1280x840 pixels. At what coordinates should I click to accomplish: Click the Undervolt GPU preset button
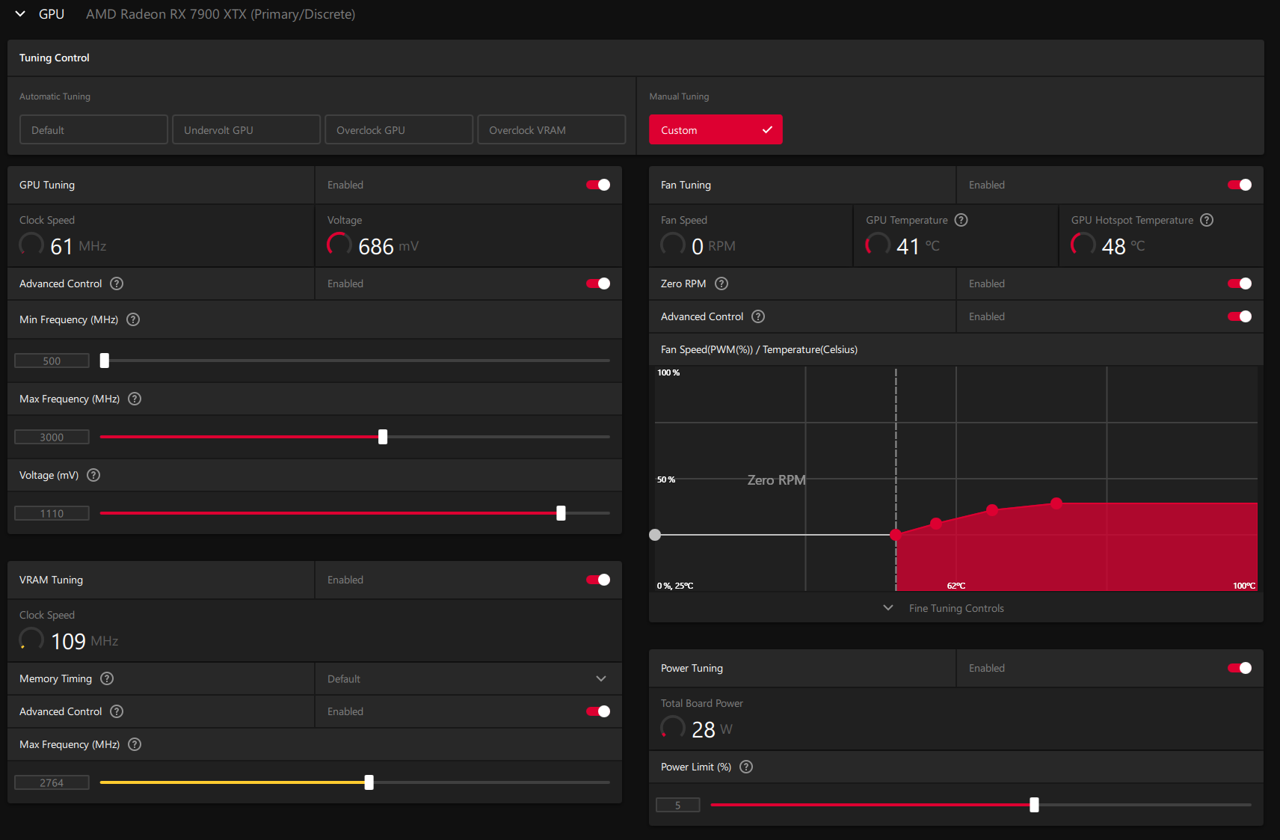(x=246, y=130)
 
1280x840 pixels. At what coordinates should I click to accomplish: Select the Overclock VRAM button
(x=552, y=130)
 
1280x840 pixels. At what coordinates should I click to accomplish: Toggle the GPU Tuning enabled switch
(x=598, y=185)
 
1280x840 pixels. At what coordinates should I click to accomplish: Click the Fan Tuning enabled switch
(x=1240, y=185)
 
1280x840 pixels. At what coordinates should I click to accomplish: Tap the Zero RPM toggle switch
(x=1240, y=283)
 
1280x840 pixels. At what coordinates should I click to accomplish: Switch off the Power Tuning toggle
(x=1240, y=668)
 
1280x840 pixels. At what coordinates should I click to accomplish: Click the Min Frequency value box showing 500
(x=52, y=361)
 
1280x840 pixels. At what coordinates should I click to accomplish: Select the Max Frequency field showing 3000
(x=52, y=438)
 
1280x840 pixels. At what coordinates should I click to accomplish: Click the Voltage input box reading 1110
(x=52, y=513)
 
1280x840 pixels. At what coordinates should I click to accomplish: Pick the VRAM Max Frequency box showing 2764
(x=52, y=783)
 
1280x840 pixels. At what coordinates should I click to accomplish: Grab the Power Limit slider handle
(x=1034, y=805)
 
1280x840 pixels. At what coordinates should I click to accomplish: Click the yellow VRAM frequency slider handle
(x=369, y=782)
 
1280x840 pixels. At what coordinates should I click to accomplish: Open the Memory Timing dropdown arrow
(x=601, y=678)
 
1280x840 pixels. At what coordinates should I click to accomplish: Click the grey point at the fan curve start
(x=655, y=535)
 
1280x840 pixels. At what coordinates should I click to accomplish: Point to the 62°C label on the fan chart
(x=956, y=586)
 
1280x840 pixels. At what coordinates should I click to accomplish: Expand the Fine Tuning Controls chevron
(x=888, y=608)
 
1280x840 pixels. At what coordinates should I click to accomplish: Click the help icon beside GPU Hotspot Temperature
(x=1207, y=220)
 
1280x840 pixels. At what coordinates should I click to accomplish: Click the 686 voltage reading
(x=376, y=246)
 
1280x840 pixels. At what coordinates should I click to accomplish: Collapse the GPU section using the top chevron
(x=20, y=13)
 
